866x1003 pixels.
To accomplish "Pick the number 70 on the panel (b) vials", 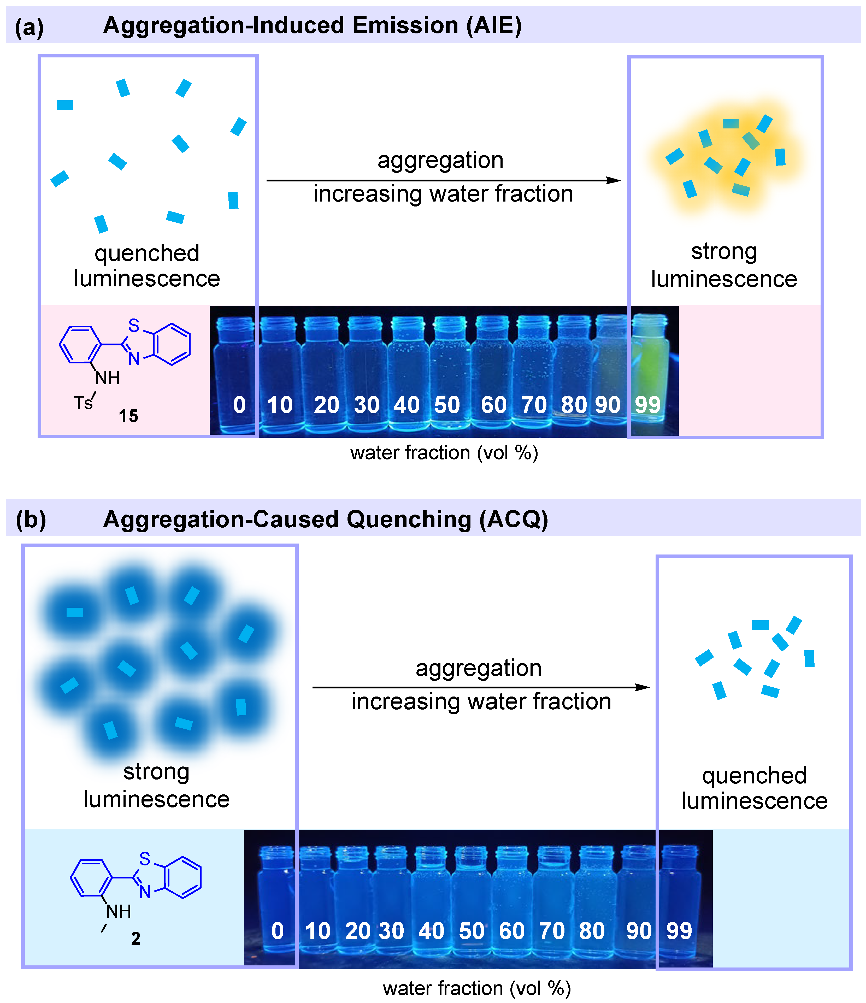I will (x=552, y=930).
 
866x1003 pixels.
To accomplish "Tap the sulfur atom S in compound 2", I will (x=145, y=859).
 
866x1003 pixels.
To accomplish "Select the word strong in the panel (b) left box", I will (x=156, y=772).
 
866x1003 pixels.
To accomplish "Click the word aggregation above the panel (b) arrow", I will (x=478, y=669).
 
